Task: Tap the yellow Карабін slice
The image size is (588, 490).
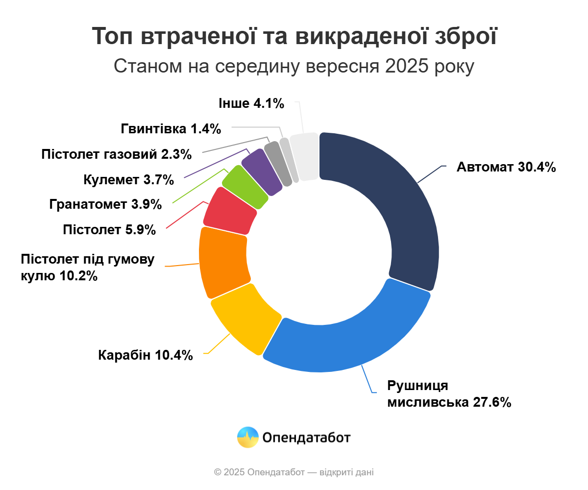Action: point(245,318)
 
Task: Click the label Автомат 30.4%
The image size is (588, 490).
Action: point(506,167)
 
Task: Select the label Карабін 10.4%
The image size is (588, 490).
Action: point(146,355)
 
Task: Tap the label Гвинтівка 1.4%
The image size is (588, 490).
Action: point(171,129)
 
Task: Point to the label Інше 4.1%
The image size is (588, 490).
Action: point(251,103)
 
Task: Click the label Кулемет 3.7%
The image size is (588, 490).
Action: point(129,180)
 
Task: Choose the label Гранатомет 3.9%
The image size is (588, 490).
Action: point(106,204)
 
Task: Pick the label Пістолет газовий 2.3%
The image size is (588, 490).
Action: point(117,154)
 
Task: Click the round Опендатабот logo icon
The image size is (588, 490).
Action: point(247,437)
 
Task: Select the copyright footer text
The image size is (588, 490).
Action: point(294,472)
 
